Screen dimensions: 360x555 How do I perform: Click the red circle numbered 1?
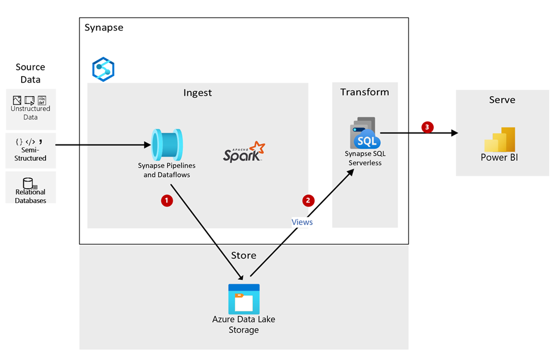coord(167,200)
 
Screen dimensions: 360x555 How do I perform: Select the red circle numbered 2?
coord(308,200)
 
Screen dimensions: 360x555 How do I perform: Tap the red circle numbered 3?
coord(427,127)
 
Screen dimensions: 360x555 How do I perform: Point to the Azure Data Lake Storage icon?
coord(244,299)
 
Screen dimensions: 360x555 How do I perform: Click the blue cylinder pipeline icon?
coord(167,144)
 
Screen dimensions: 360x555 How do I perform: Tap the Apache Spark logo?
coord(244,152)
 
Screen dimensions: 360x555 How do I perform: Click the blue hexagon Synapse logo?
coord(104,69)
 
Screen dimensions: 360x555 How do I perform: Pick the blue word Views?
coord(302,222)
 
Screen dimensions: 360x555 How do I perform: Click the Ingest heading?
coord(198,93)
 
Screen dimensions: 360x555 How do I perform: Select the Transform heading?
coord(364,92)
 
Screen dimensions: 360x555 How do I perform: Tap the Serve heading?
coord(502,100)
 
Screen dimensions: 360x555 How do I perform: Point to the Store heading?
coord(243,255)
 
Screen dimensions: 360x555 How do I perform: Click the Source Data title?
coord(30,73)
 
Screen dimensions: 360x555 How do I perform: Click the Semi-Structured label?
coord(30,154)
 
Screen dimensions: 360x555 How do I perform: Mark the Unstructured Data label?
coord(30,113)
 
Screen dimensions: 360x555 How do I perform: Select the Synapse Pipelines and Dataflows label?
coord(166,170)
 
